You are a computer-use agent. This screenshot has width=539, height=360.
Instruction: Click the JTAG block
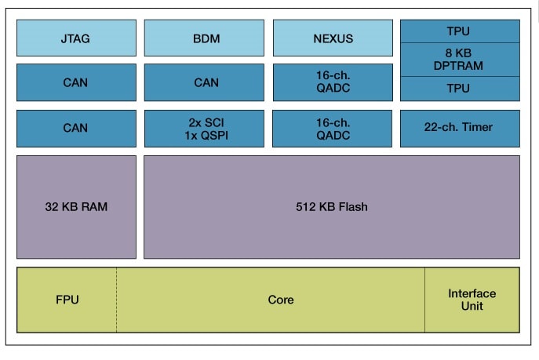(76, 38)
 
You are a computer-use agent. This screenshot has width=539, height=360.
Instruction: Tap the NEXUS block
(333, 38)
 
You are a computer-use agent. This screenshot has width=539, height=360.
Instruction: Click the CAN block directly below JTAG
(76, 82)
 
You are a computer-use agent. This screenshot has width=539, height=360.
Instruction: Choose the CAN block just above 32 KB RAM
(76, 128)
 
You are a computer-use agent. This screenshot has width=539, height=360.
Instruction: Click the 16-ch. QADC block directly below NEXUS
(333, 82)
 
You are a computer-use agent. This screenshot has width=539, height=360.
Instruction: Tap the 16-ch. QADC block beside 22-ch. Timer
(333, 128)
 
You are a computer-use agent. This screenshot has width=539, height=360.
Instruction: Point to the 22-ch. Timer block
(460, 128)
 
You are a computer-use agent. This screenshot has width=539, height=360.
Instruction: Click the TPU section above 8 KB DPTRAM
(460, 31)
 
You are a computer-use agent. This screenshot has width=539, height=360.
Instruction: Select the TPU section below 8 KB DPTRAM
(460, 89)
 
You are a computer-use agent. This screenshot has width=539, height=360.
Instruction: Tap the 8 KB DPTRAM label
(460, 60)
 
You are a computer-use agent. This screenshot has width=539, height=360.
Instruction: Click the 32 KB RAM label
(76, 207)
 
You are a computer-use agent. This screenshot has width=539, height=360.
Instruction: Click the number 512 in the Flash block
(305, 207)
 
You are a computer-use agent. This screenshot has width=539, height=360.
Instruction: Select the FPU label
(67, 300)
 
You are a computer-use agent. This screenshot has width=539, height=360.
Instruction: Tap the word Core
(280, 300)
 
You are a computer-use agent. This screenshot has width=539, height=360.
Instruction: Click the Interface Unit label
(472, 300)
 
